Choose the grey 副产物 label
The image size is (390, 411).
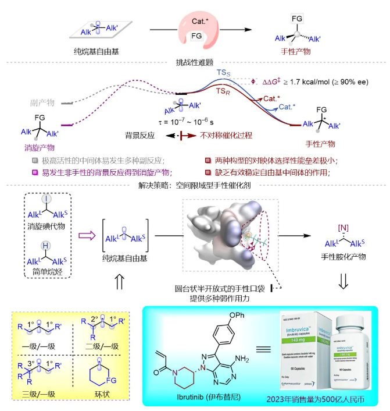click(42, 102)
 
